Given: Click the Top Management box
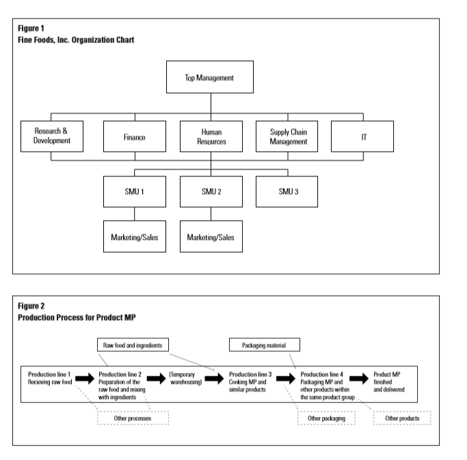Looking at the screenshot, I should (x=210, y=77).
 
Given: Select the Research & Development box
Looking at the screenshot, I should (x=52, y=136).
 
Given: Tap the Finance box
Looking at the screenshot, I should (x=134, y=136).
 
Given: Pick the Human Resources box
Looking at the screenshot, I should (x=211, y=136).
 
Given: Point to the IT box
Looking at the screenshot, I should (x=362, y=136).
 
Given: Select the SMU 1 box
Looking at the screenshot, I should (x=134, y=191).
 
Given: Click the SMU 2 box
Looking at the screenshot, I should (x=211, y=191).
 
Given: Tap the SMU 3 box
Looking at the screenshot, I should (x=286, y=191).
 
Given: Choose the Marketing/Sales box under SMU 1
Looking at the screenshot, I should (x=134, y=236).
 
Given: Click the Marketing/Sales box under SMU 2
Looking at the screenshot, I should (x=211, y=236).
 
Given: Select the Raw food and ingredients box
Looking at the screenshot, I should (x=133, y=346).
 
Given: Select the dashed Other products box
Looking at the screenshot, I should (x=402, y=418).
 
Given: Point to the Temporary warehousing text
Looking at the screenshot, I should (x=185, y=376).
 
